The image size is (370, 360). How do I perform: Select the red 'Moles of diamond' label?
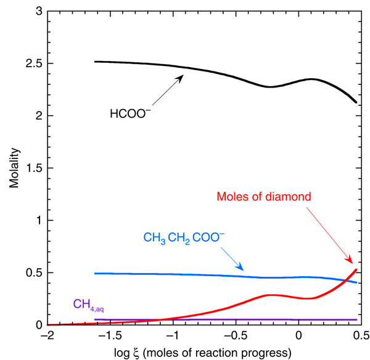[x=271, y=197]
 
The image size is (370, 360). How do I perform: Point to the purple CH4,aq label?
[x=88, y=303]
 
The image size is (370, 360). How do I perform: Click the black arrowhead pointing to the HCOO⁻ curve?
[x=183, y=76]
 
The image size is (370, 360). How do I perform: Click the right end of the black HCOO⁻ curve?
[x=356, y=102]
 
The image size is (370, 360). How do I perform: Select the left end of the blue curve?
[x=95, y=273]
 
